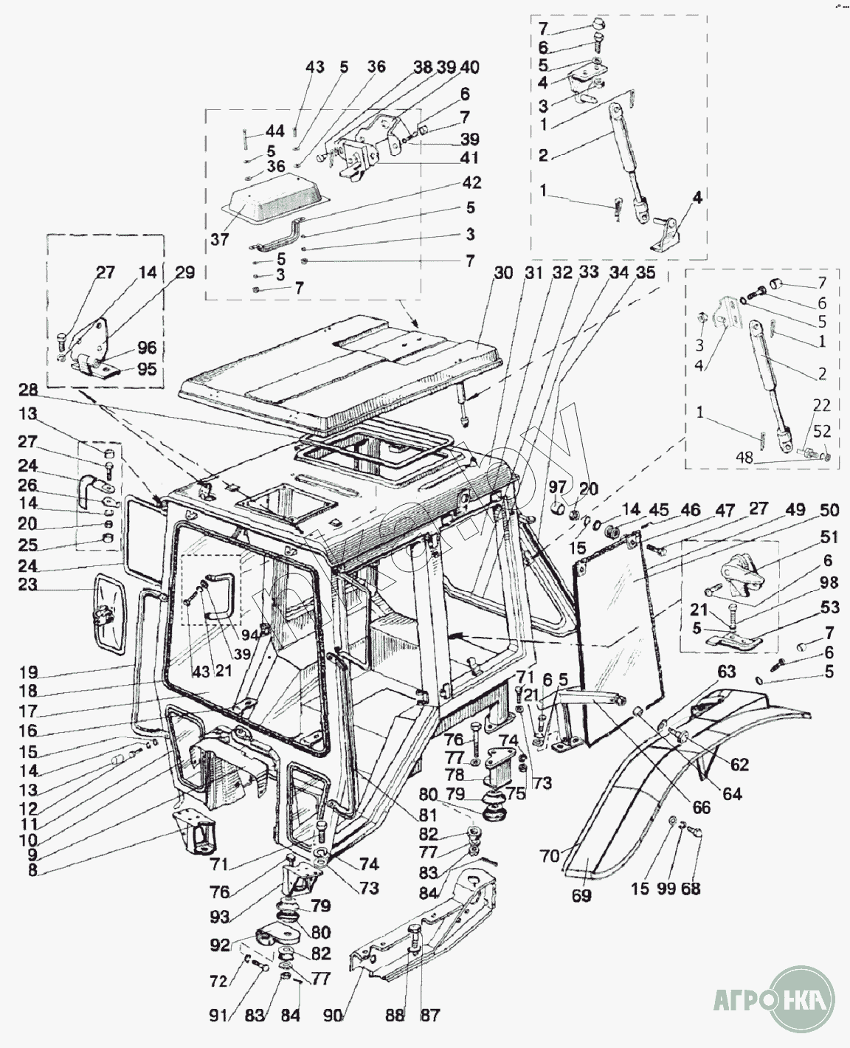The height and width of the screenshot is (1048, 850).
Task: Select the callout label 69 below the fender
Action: tap(581, 896)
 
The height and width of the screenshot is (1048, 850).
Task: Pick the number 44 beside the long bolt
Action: tap(274, 132)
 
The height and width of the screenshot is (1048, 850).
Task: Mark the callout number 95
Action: tap(147, 368)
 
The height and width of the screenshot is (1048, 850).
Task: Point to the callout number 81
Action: tap(428, 816)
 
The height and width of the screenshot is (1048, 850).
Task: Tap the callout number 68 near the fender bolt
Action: tap(691, 889)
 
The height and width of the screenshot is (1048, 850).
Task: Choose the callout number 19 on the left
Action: tap(29, 673)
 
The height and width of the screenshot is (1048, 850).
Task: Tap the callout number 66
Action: tap(701, 807)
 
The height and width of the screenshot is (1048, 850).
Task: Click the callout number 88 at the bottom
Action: tap(395, 1016)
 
